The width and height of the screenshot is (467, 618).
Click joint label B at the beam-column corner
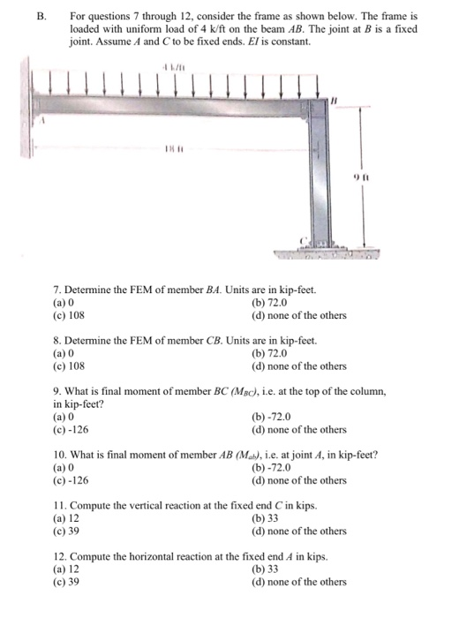(x=334, y=105)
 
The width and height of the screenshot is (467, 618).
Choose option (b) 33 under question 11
(x=266, y=518)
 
